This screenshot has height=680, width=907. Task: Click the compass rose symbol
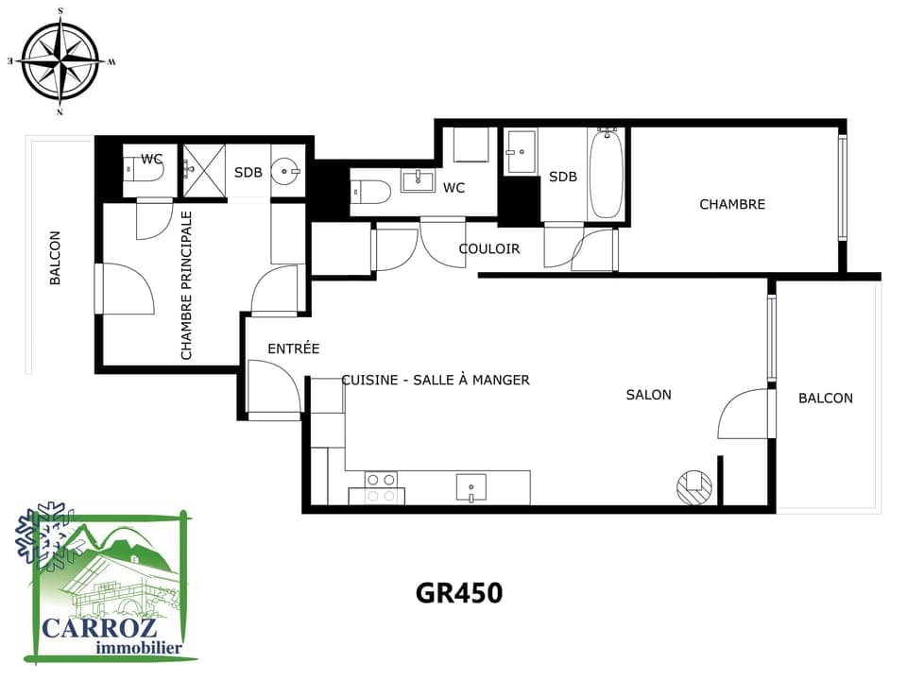pos(60,60)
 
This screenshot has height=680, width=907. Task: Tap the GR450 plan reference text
pos(459,593)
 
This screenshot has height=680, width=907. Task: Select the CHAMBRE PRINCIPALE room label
pos(186,285)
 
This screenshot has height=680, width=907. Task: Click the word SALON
pos(648,395)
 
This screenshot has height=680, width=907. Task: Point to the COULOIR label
pos(489,248)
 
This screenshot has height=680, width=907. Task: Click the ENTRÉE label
pos(293,348)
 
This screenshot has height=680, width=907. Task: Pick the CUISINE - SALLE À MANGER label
pos(436,380)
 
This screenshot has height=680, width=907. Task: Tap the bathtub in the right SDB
pos(606,174)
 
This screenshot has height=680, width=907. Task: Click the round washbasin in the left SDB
pos(285,171)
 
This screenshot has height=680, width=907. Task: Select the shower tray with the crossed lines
pos(204,171)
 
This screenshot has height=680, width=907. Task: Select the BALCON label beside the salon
pos(826,398)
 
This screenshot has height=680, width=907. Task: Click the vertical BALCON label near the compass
pos(55,258)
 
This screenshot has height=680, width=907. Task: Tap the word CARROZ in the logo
pos(99,627)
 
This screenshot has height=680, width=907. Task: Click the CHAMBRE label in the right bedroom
pos(732,204)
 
